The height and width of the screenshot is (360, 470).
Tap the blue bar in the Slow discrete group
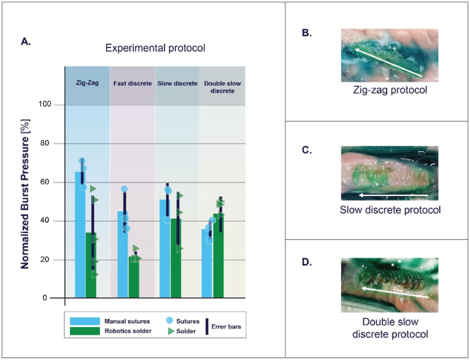point(165,250)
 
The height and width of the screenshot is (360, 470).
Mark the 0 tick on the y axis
point(56,298)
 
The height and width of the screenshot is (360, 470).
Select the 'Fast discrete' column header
point(132,83)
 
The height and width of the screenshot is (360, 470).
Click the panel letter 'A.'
point(26,41)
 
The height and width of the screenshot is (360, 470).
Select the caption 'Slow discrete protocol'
point(390,210)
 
